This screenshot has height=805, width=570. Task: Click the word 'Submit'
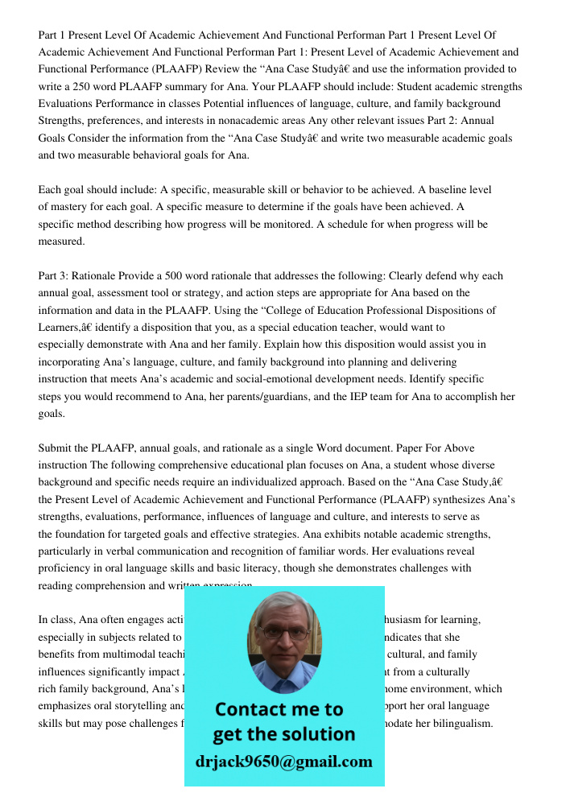[56, 448]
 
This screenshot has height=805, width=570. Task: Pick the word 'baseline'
[452, 190]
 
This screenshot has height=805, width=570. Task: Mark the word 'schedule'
[350, 225]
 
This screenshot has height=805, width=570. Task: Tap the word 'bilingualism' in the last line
[460, 723]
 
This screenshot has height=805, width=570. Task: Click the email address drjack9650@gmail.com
[284, 762]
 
